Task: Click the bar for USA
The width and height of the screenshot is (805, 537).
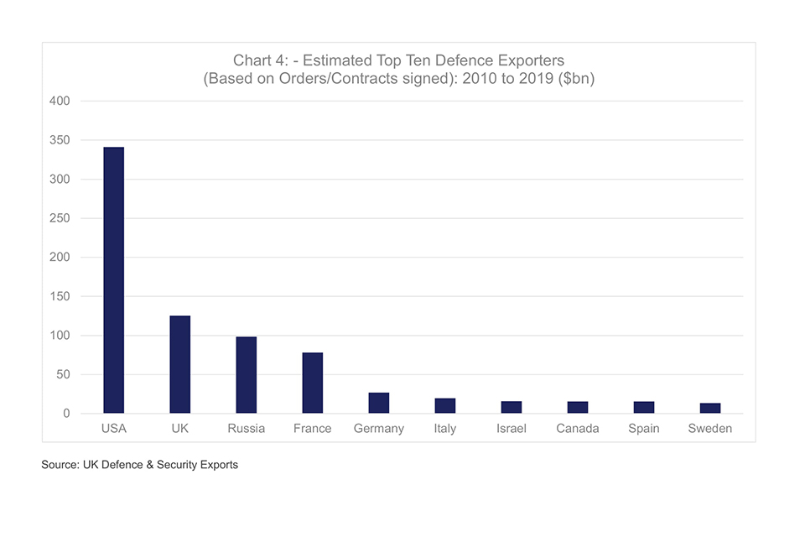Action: [113, 280]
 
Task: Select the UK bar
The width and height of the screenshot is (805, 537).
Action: [179, 364]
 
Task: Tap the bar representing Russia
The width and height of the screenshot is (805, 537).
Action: [246, 375]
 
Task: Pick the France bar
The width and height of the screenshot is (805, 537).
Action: [312, 383]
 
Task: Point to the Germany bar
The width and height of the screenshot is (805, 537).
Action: [378, 403]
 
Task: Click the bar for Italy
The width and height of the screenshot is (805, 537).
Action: [445, 405]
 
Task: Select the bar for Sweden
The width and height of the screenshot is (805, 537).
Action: [710, 408]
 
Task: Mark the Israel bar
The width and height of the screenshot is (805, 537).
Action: [512, 407]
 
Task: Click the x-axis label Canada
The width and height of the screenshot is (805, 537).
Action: [578, 429]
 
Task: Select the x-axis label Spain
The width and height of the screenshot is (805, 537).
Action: [644, 429]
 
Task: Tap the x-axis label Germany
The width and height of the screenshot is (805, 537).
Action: [378, 429]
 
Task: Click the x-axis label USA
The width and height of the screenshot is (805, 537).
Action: [113, 429]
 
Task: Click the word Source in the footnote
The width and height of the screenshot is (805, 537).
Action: [60, 465]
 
